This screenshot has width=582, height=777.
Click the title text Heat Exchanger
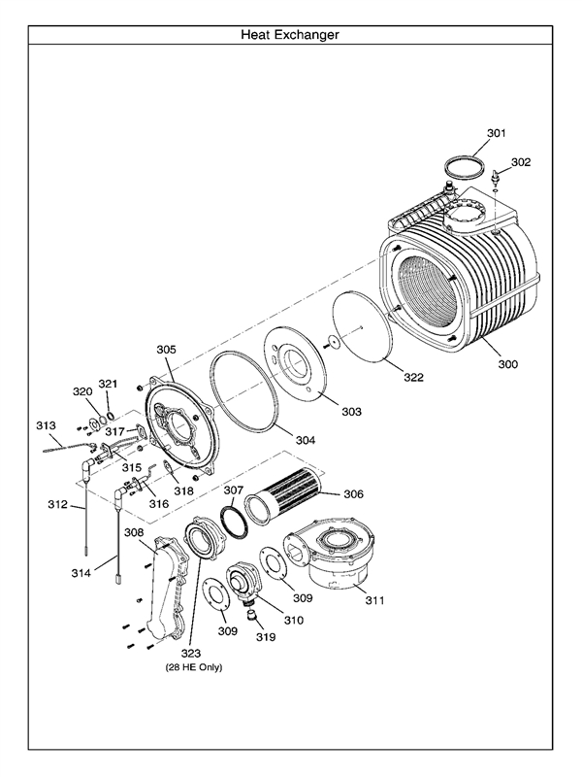290,35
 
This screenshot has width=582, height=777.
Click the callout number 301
497,132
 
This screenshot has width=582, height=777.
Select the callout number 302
521,162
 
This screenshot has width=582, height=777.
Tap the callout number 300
508,364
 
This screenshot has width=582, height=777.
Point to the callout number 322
414,377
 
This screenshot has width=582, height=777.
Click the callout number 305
166,349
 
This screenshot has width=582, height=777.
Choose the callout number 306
353,493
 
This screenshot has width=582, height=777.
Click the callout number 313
47,425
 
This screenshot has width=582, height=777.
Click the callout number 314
81,574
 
